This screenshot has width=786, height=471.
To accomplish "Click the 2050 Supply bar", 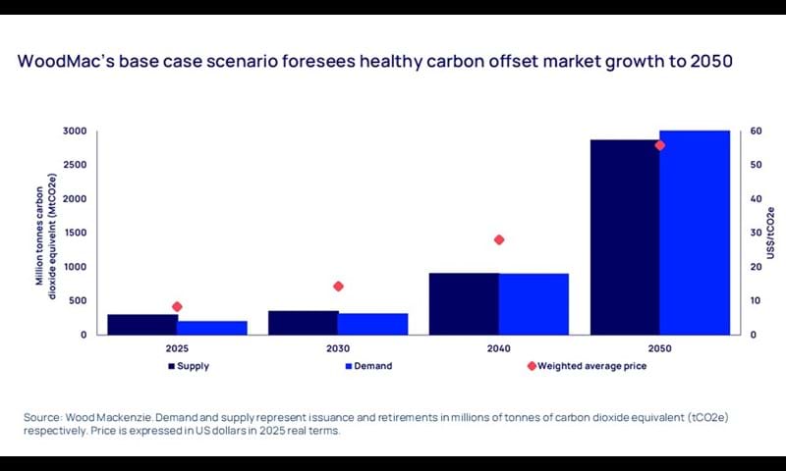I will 624,236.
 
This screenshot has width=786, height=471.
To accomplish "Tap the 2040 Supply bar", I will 464,303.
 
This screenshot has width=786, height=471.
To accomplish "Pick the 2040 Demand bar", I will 533,304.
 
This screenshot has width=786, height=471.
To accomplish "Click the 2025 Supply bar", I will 142,324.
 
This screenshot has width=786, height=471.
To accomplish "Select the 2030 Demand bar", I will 372,324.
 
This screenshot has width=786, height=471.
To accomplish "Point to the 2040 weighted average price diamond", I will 499,239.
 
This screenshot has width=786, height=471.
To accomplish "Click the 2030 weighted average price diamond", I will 338,287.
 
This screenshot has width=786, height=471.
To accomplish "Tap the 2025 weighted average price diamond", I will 177,306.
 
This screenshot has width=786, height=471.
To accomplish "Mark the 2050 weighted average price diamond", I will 659,145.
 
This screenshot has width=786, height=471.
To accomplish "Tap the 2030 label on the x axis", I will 338,348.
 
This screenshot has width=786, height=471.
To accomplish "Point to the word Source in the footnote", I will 41,418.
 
